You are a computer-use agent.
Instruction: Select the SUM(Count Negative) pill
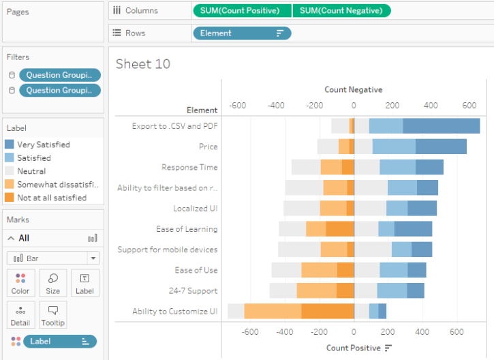tap(341, 11)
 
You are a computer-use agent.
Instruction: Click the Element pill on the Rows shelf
tap(242, 33)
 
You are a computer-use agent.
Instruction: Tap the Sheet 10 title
tap(143, 64)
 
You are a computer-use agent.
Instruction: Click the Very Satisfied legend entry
tap(44, 145)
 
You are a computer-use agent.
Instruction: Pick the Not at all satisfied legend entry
tap(52, 198)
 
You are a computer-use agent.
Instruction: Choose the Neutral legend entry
tap(32, 171)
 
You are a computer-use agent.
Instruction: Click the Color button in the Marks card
tap(20, 283)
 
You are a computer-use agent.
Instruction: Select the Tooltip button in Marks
tap(53, 315)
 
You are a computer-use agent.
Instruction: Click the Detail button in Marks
tap(20, 315)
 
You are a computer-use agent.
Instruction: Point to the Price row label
tap(208, 147)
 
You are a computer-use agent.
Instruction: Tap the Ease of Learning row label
tap(187, 229)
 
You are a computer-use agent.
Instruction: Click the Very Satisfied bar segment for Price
tap(441, 147)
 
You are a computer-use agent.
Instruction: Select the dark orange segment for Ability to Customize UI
tap(327, 312)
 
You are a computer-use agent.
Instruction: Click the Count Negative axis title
tap(353, 89)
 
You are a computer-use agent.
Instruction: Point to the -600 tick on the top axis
tap(238, 106)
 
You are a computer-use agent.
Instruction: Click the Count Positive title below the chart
tap(353, 348)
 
